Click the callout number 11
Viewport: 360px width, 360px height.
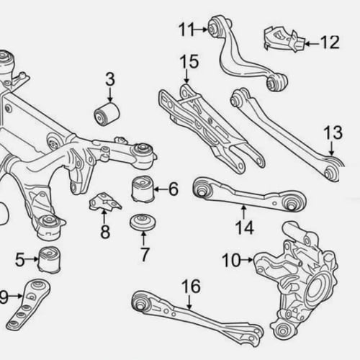(186, 30)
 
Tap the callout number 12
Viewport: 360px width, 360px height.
(330, 42)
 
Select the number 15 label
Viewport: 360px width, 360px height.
(189, 61)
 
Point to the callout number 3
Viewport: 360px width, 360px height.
(110, 79)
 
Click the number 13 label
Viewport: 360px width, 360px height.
(333, 132)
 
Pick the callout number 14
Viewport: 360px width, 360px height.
(245, 228)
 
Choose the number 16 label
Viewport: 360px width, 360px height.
(192, 286)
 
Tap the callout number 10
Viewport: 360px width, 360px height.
(231, 260)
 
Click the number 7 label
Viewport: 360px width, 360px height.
(144, 254)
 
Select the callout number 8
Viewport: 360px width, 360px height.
(105, 232)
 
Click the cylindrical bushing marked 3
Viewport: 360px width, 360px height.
(107, 114)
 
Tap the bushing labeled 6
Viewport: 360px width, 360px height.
(143, 189)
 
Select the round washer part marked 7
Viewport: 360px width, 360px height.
(143, 222)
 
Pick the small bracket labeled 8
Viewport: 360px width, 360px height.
(105, 201)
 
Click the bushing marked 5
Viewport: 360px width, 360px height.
(50, 260)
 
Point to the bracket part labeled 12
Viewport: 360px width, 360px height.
(285, 40)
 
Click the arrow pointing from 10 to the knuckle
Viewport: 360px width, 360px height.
(247, 260)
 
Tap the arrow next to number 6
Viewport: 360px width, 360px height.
(161, 189)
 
